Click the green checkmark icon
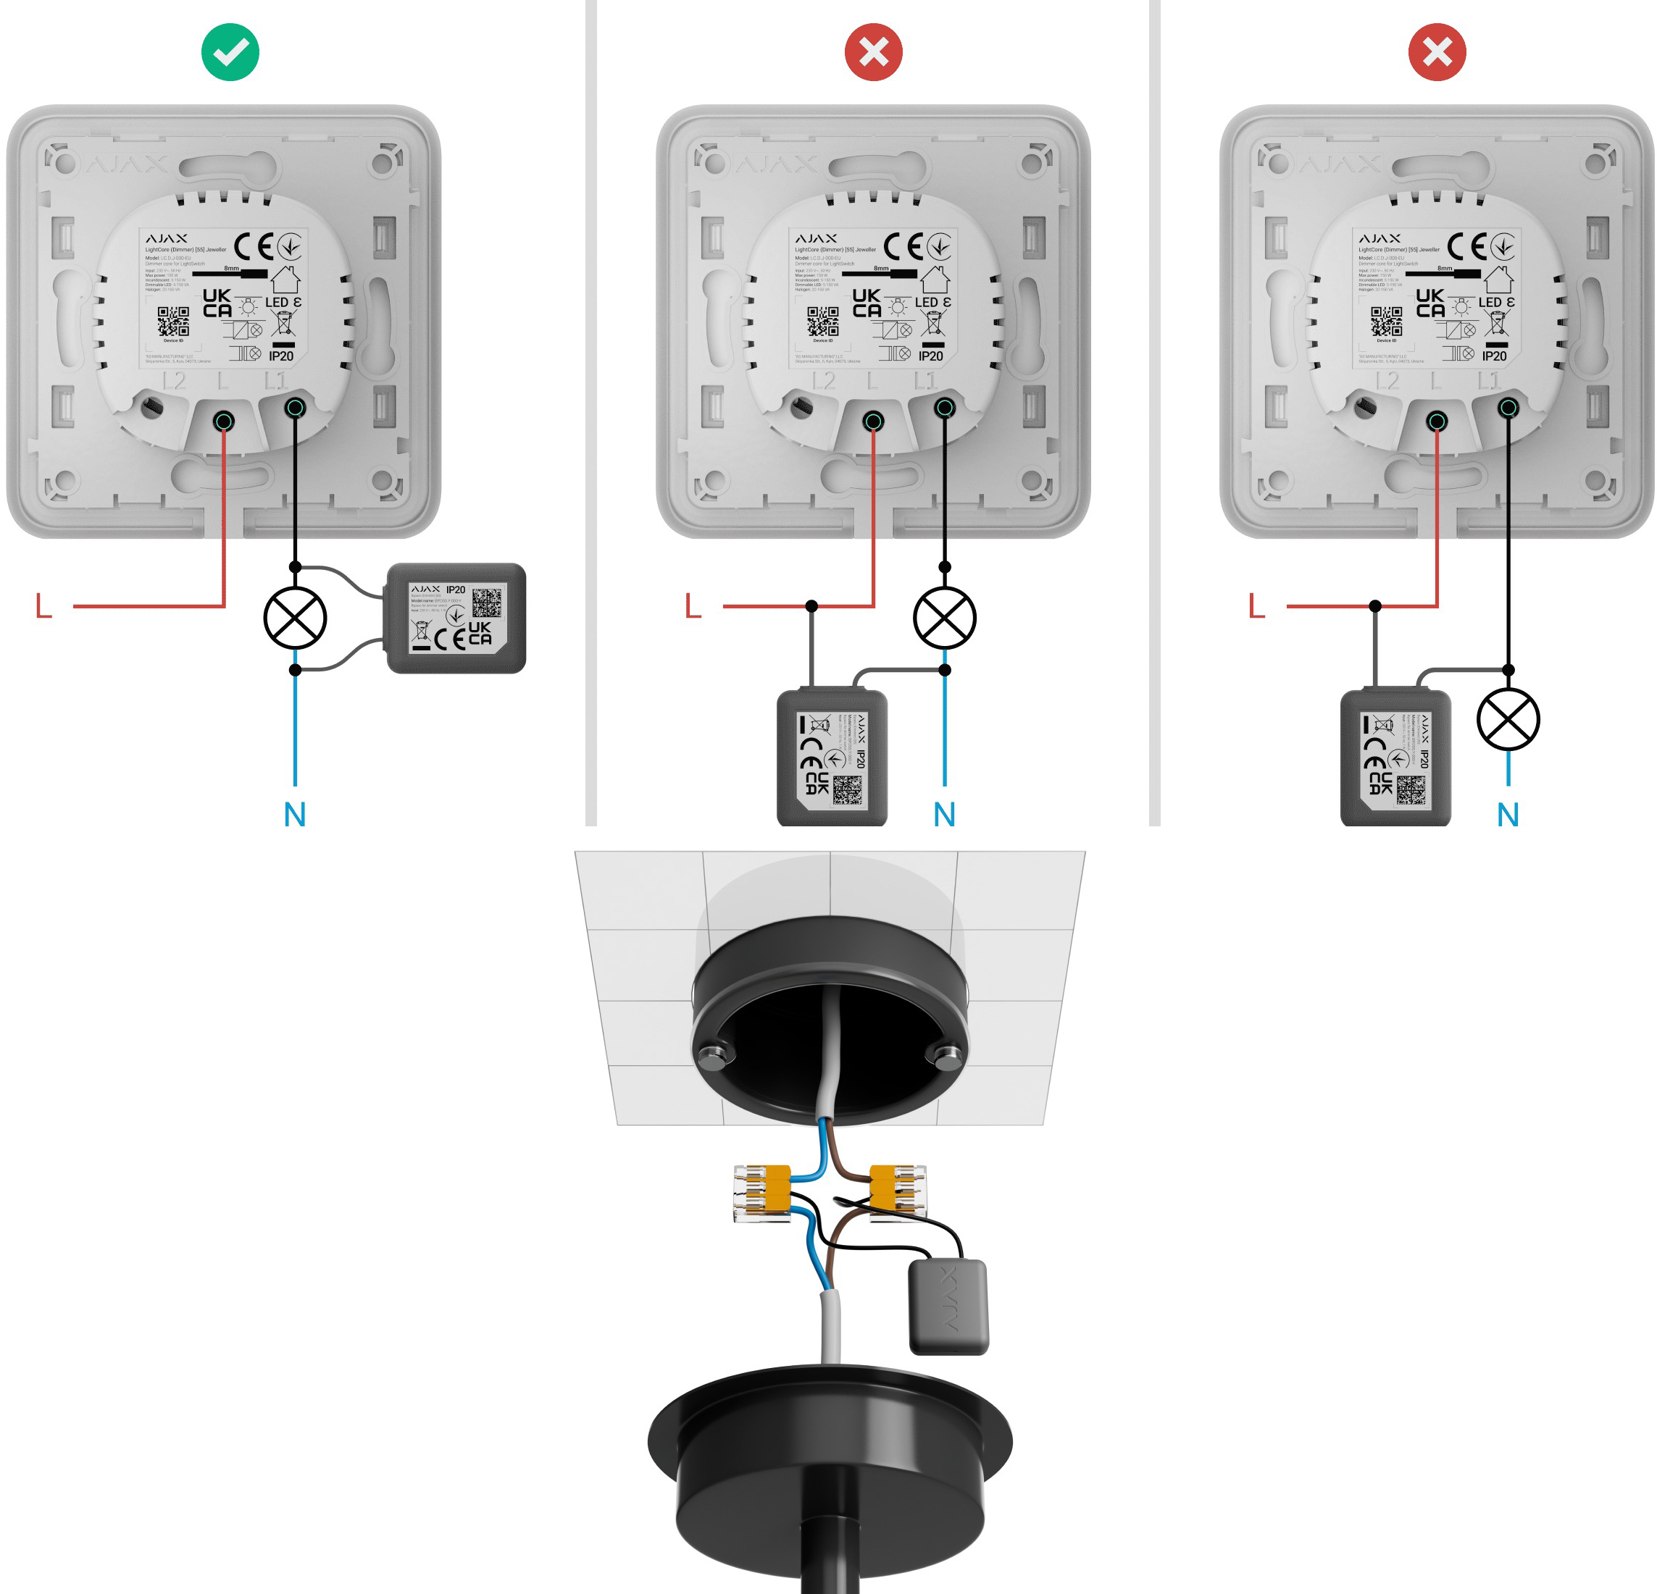coord(230,52)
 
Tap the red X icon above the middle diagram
coord(873,52)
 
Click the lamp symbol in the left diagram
coord(295,618)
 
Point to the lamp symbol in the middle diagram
coord(944,618)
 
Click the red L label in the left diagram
coord(44,606)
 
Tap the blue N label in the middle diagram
coord(944,815)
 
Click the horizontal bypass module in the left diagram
coord(456,618)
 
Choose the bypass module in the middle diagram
coord(832,758)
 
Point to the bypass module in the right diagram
coord(1395,758)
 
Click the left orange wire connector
coord(761,1191)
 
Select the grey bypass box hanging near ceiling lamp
coord(948,1306)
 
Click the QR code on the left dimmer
coord(172,321)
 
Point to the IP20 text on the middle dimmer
coord(930,356)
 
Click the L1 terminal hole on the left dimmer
coord(295,408)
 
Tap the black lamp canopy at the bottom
coord(830,1471)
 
